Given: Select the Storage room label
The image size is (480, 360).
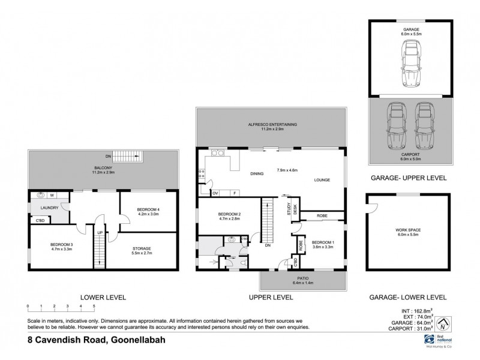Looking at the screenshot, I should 142,248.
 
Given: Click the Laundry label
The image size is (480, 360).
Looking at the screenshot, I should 49,208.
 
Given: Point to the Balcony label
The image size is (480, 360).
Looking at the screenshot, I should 104,169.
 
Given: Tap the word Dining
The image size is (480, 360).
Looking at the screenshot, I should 257,174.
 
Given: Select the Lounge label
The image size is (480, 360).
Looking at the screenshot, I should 322,179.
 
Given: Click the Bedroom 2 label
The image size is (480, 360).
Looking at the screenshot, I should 212,214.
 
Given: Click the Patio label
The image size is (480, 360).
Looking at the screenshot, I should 304,280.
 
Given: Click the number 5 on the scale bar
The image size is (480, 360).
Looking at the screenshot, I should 94,307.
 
